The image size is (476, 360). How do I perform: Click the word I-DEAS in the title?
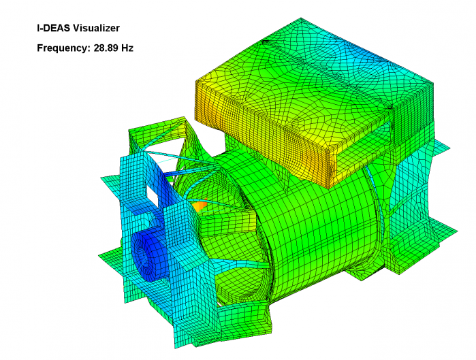pyautogui.click(x=53, y=28)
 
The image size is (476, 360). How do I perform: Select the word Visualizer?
pyautogui.click(x=96, y=28)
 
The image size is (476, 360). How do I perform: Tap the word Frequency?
pyautogui.click(x=62, y=48)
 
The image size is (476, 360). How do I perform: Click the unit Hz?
pyautogui.click(x=127, y=48)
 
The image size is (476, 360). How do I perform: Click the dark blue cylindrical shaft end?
pyautogui.click(x=148, y=255)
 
